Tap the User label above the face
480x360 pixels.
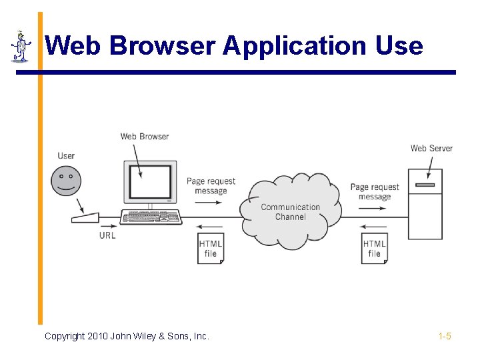(x=66, y=156)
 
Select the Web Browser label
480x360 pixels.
(x=145, y=137)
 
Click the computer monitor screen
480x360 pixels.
(x=149, y=181)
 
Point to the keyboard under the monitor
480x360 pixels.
(x=151, y=217)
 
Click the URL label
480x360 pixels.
(x=107, y=235)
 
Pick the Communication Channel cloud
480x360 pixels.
(x=291, y=211)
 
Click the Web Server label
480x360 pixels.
(x=431, y=148)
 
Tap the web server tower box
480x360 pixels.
(x=425, y=204)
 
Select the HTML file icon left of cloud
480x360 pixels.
(x=211, y=248)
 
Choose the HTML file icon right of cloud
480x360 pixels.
(x=375, y=248)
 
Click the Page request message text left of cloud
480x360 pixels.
(x=211, y=186)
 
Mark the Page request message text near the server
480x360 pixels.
(x=375, y=192)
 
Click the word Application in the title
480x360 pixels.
(x=295, y=46)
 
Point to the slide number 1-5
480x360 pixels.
(x=445, y=336)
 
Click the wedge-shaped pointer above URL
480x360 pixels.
(x=86, y=218)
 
